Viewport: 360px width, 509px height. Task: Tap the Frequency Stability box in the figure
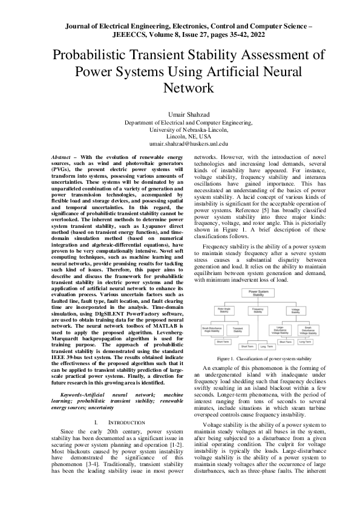coord(258,311)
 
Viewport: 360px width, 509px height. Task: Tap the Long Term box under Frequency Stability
coord(266,346)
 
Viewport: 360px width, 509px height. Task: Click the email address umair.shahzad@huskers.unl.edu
coord(180,144)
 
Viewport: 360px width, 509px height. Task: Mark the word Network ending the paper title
coord(180,87)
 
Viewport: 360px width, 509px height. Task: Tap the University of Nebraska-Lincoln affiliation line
coord(180,129)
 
